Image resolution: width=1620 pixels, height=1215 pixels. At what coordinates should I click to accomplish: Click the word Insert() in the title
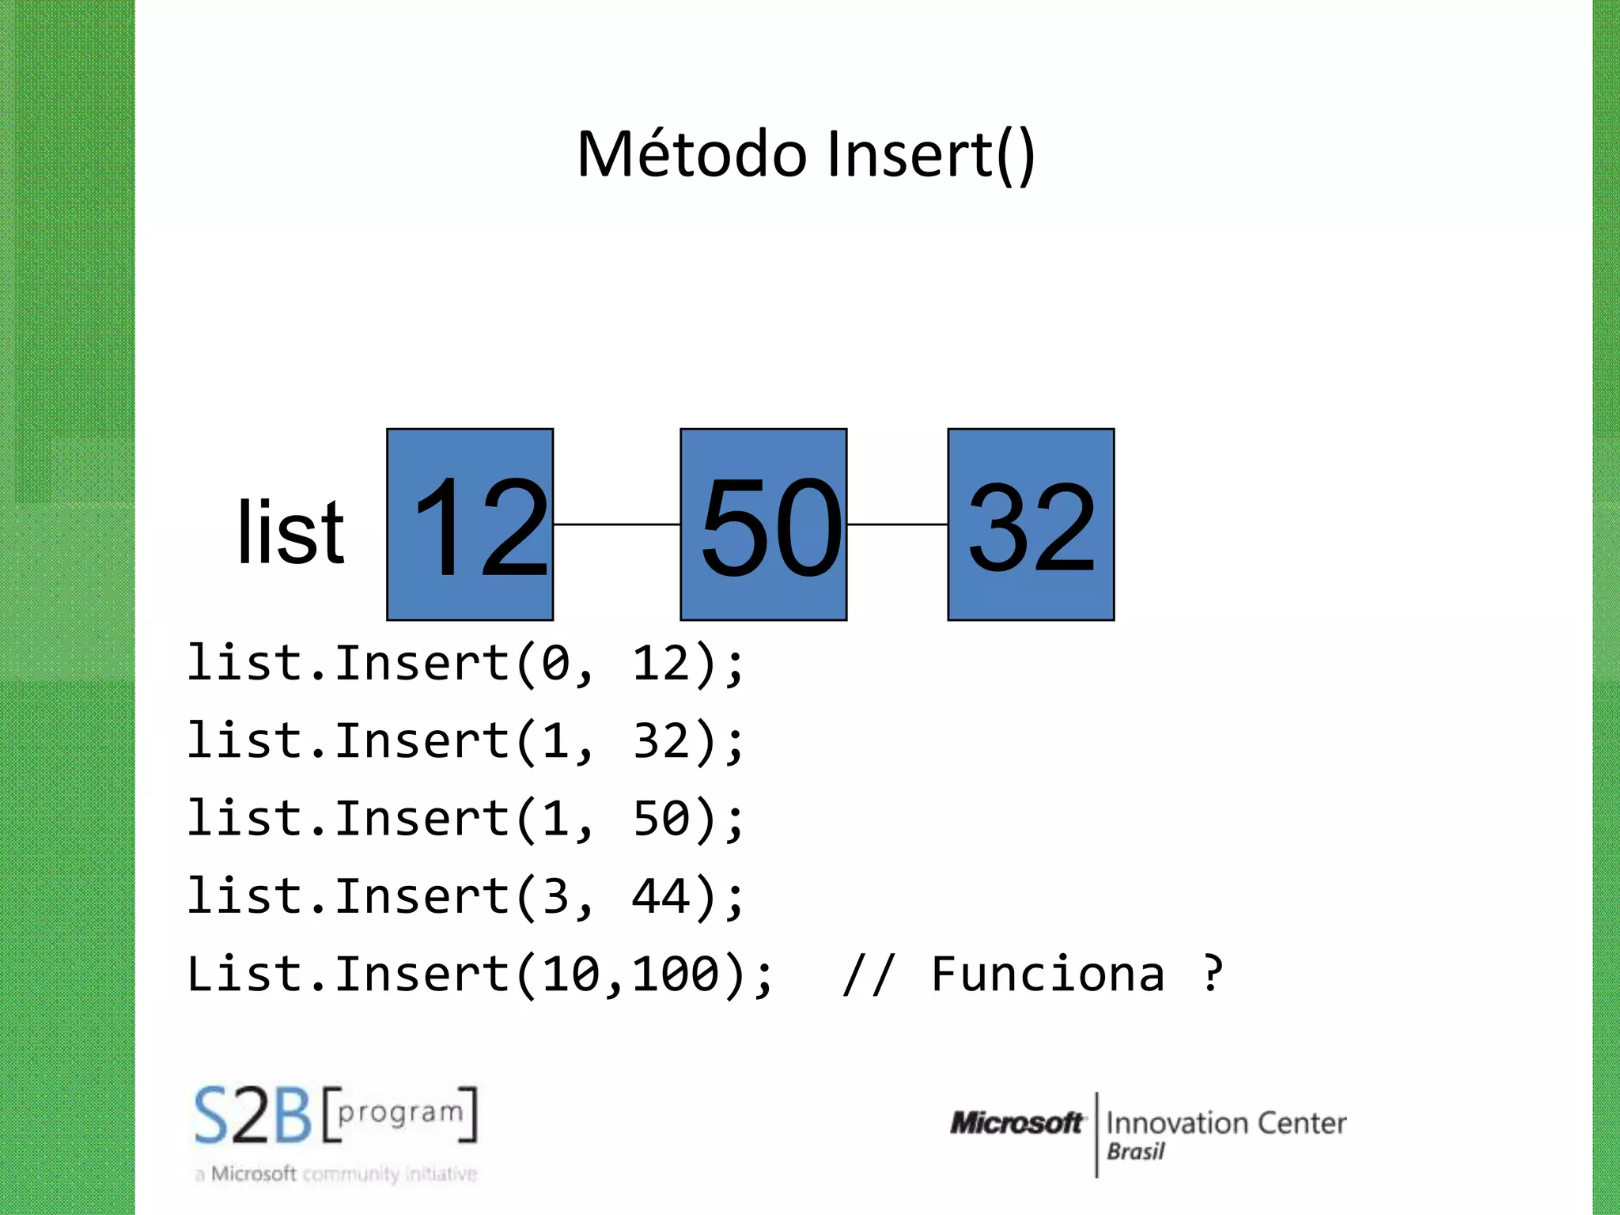930,155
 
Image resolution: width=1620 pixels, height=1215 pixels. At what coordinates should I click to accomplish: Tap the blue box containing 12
470,524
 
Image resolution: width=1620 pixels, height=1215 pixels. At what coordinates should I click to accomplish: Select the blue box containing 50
763,524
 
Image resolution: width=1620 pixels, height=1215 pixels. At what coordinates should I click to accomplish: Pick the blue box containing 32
1031,524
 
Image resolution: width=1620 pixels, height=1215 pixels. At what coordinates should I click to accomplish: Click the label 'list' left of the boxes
290,533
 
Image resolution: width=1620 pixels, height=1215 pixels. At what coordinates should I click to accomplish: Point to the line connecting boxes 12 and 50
616,524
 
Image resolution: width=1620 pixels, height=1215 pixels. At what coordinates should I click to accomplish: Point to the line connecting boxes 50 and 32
897,524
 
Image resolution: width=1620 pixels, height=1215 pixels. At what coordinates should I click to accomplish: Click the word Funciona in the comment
1047,974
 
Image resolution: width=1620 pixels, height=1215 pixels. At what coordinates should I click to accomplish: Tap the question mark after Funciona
1212,974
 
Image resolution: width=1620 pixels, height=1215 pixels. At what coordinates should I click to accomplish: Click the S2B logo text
253,1116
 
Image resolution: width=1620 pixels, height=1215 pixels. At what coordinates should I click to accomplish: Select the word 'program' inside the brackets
400,1112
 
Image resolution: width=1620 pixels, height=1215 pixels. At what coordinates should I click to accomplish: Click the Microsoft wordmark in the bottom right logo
1016,1122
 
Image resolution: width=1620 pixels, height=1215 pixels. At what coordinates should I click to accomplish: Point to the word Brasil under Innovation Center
1135,1152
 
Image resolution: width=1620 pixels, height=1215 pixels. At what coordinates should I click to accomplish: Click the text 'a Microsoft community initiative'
335,1174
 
